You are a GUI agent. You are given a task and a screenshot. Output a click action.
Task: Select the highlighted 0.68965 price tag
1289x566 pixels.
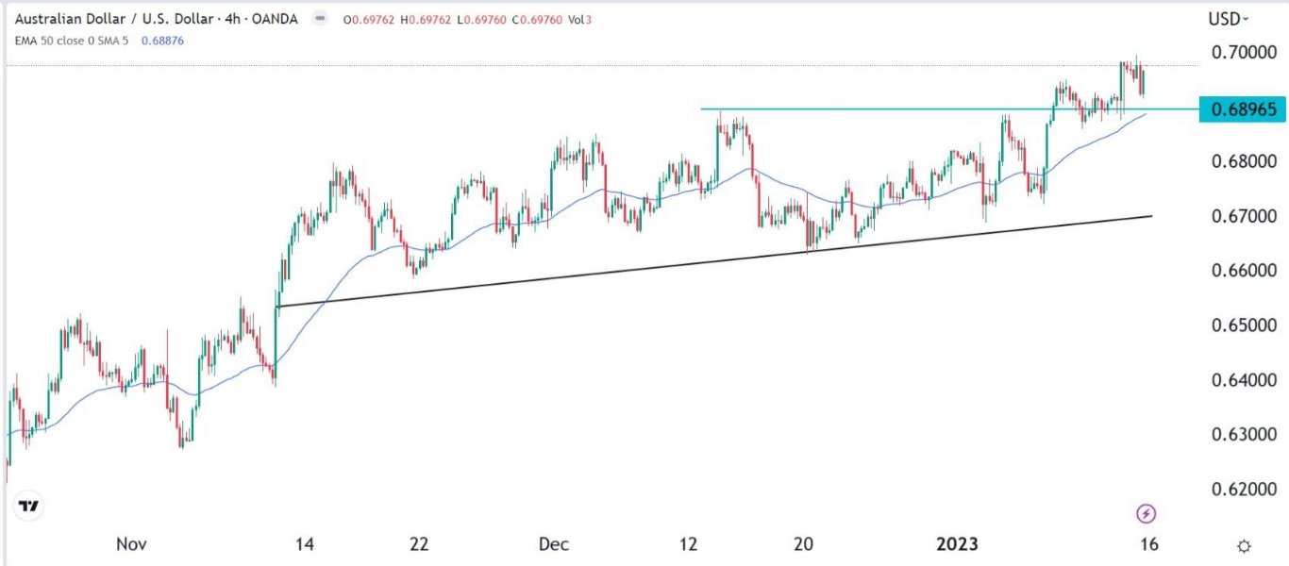click(x=1243, y=109)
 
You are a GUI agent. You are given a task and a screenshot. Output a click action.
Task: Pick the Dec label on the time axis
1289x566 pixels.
click(x=553, y=545)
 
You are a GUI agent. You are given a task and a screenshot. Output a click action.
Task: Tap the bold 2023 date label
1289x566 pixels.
click(x=958, y=545)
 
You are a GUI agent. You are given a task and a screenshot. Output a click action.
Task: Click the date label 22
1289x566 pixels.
click(x=419, y=545)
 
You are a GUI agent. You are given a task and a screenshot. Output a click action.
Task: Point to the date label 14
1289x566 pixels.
click(x=305, y=545)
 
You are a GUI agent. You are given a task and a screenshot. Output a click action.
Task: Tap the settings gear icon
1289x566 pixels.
click(x=1245, y=546)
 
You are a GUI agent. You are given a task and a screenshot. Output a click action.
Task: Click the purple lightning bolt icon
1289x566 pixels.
click(x=1147, y=513)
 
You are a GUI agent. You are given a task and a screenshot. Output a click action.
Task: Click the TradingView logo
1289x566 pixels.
click(x=29, y=507)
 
